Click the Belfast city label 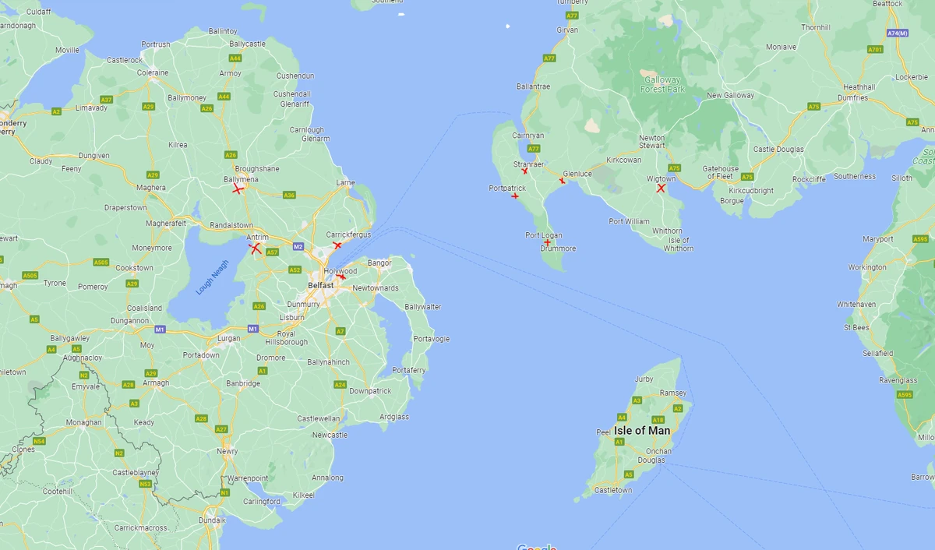(320, 285)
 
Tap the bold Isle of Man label (641, 431)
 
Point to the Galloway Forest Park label (662, 84)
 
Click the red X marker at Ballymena (238, 189)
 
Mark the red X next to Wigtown (661, 188)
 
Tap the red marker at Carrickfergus (337, 245)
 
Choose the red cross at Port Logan (548, 242)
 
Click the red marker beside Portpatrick (515, 196)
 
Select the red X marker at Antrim (255, 249)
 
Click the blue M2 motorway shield (298, 247)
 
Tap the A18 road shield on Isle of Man (658, 420)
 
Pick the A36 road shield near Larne (289, 195)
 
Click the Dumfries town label (853, 98)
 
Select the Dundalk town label (212, 520)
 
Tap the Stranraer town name (528, 164)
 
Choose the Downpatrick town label (370, 391)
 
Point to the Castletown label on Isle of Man (613, 490)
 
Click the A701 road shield (875, 49)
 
